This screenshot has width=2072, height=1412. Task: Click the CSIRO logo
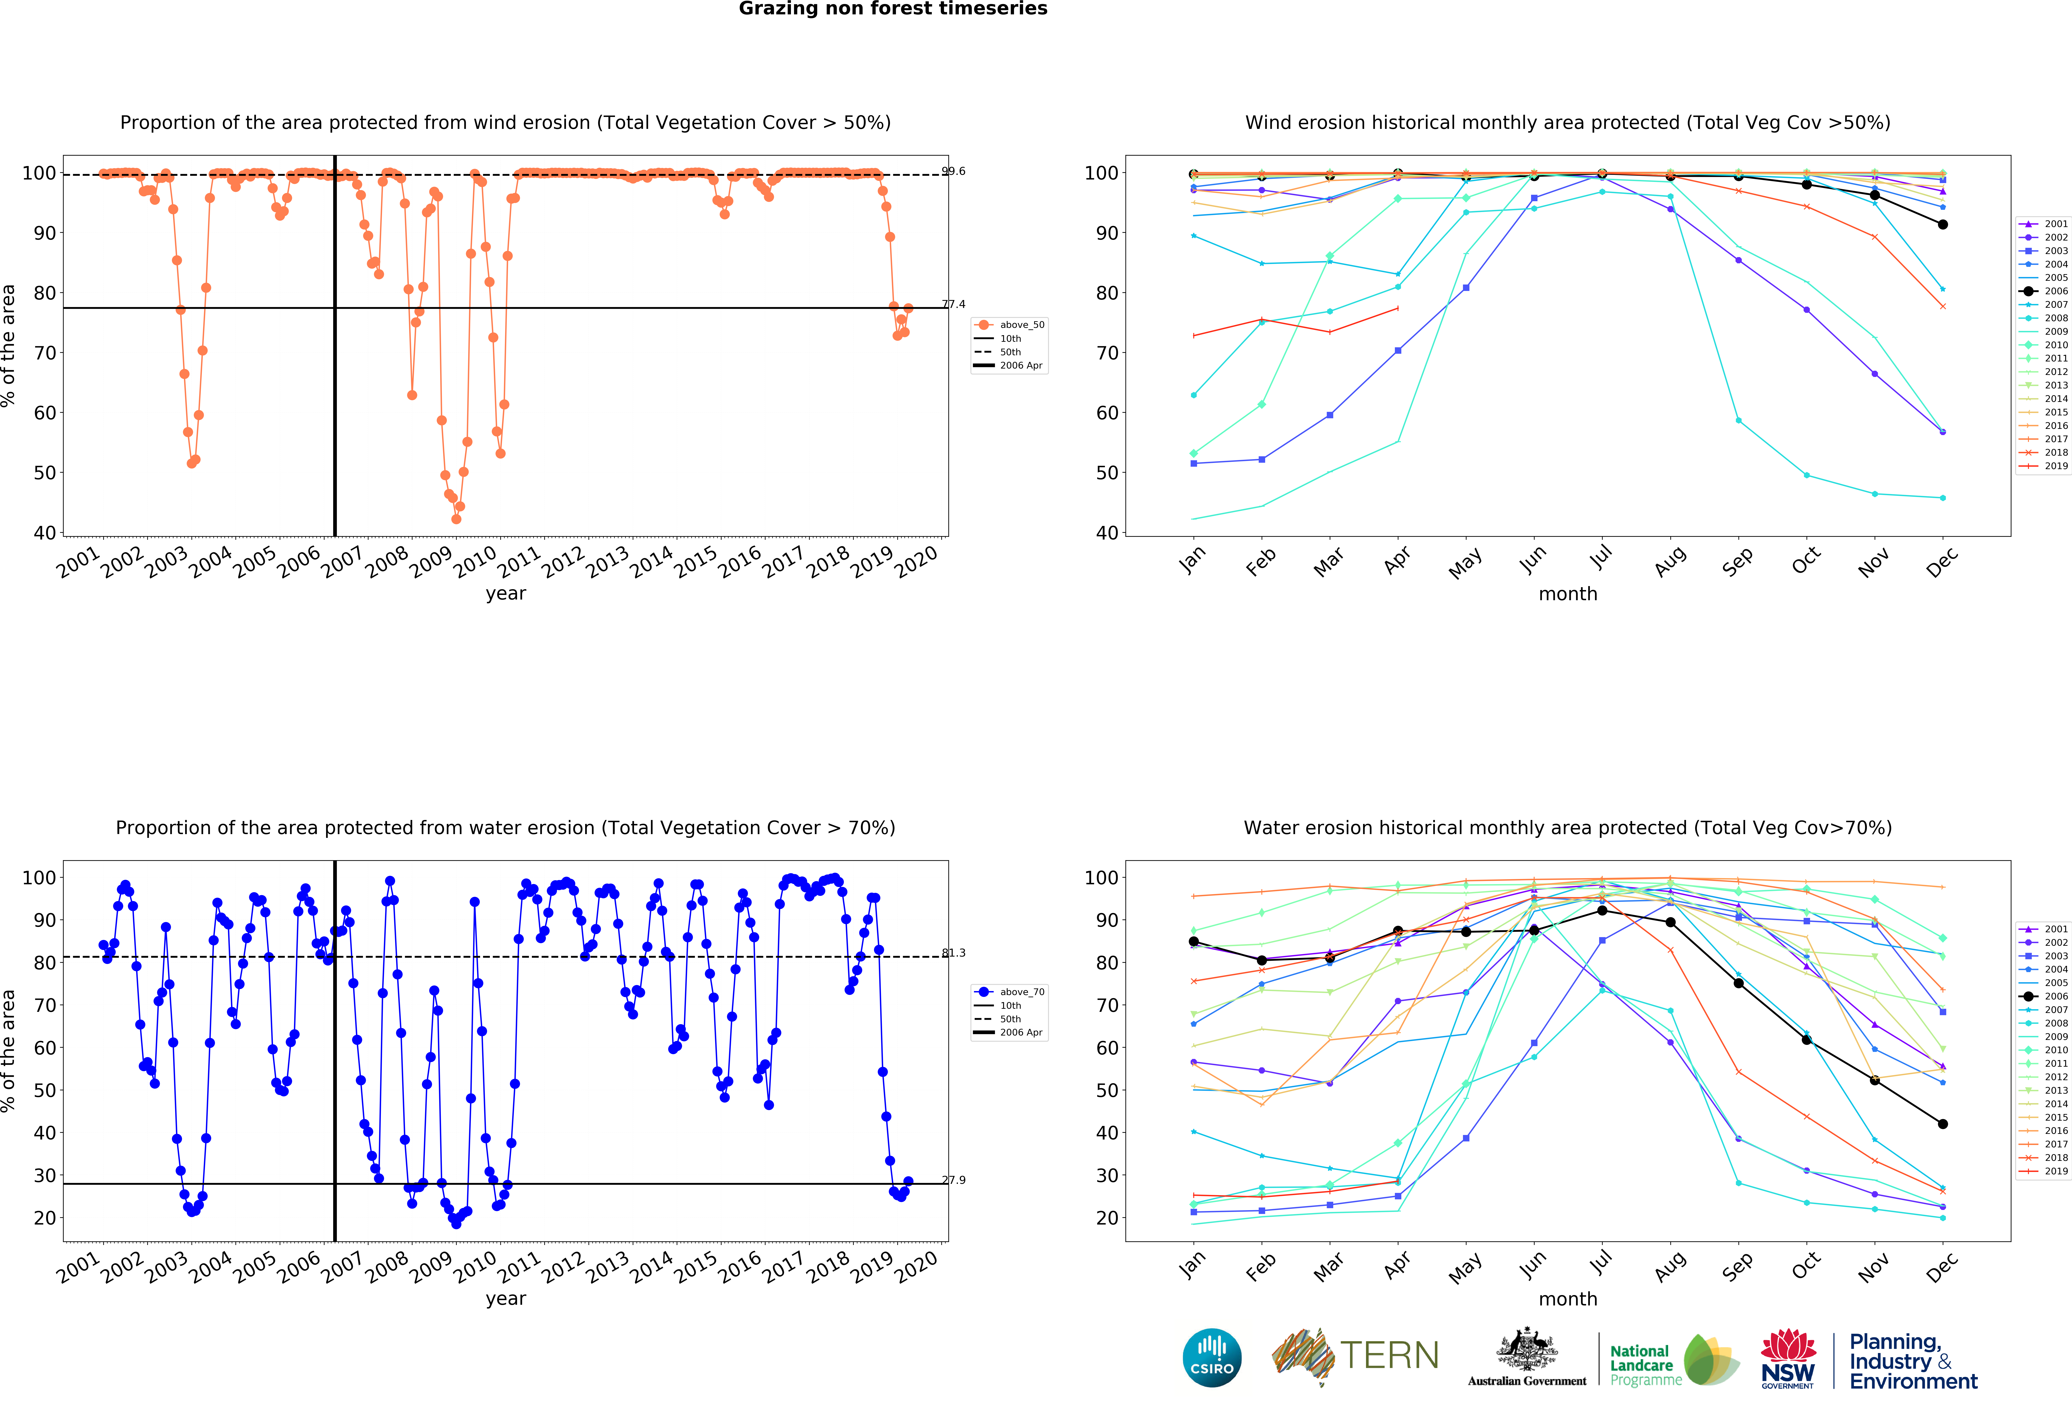[1212, 1358]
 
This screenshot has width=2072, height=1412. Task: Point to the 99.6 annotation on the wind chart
[953, 171]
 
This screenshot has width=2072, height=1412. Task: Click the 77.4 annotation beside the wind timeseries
[953, 304]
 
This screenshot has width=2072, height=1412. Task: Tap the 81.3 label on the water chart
[953, 953]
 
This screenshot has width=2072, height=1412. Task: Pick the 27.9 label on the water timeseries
[953, 1180]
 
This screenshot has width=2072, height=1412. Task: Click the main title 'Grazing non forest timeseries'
[892, 9]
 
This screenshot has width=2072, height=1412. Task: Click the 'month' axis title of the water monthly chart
[1567, 1299]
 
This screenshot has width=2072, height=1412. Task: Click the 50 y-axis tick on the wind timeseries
[45, 473]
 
